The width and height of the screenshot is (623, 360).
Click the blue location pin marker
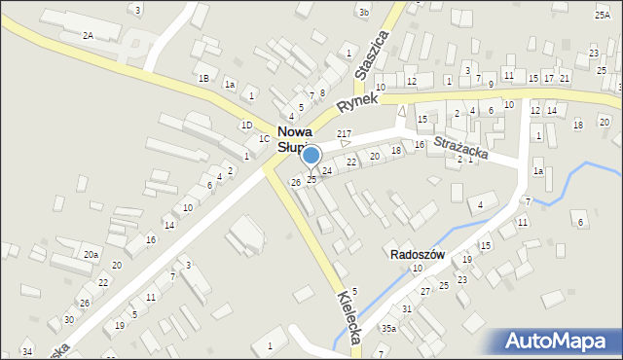(311, 157)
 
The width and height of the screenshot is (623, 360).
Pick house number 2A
(88, 35)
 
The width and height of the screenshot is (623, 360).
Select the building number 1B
(203, 78)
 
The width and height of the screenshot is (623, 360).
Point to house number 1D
(247, 125)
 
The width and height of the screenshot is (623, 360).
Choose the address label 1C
(264, 139)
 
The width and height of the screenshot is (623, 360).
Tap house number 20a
(90, 254)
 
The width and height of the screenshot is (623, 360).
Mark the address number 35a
(388, 329)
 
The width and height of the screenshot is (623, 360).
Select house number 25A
(603, 15)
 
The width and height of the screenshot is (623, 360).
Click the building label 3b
(363, 13)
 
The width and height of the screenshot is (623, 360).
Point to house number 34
(27, 351)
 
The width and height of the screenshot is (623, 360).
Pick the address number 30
(68, 320)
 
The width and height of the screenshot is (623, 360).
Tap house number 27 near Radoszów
(424, 292)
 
